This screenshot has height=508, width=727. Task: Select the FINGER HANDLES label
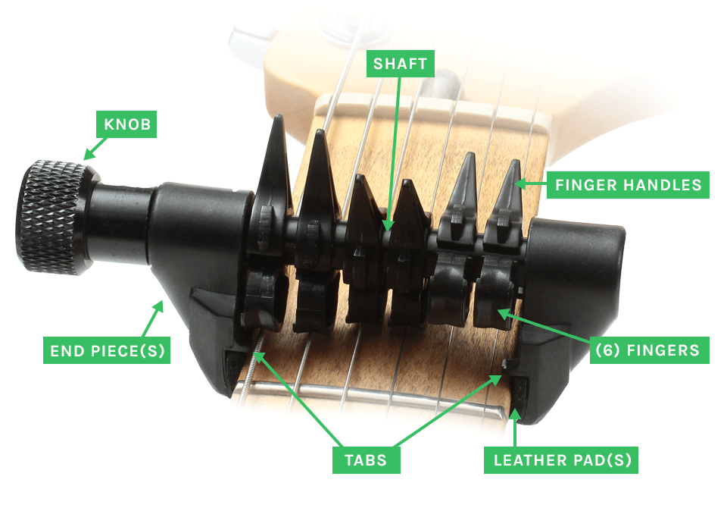coord(628,185)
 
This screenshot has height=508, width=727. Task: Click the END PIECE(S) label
coord(106,351)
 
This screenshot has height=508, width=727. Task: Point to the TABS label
coord(366,459)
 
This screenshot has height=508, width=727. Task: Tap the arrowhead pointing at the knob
coord(89,154)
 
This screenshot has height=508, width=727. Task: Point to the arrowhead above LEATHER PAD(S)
coord(515,413)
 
